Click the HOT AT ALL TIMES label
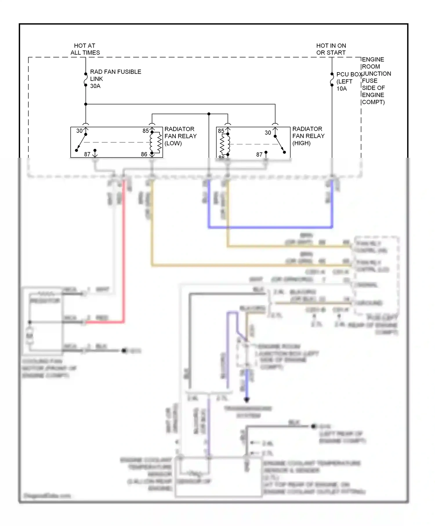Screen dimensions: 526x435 (85, 49)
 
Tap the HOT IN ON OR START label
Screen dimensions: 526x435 (331, 49)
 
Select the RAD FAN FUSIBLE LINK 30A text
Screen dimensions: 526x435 (115, 79)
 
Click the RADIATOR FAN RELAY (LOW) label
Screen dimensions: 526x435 (180, 136)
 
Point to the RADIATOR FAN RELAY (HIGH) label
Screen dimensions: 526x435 (308, 136)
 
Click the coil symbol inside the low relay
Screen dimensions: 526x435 (159, 142)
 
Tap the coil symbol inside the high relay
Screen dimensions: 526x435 (223, 144)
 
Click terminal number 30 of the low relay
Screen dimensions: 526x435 (79, 131)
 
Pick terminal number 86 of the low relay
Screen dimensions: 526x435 (144, 154)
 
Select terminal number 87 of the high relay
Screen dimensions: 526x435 (259, 155)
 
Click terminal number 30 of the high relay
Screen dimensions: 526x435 (268, 133)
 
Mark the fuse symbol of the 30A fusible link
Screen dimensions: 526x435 (86, 79)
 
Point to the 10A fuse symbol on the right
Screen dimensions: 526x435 (332, 79)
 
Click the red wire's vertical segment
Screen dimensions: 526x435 (124, 249)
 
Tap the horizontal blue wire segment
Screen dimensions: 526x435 (270, 228)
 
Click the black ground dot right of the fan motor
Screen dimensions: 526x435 (124, 351)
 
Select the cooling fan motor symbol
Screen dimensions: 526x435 (30, 336)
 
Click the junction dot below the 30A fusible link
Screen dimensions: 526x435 (86, 104)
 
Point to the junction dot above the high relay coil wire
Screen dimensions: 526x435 (209, 114)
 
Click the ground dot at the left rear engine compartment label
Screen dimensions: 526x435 (313, 426)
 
